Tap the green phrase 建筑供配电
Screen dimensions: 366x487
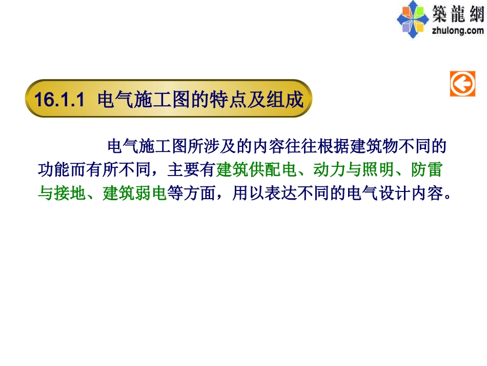pyautogui.click(x=257, y=169)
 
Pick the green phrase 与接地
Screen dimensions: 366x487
pyautogui.click(x=62, y=194)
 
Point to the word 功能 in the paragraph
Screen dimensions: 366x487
pyautogui.click(x=54, y=169)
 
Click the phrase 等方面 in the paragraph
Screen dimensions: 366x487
pyautogui.click(x=191, y=194)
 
